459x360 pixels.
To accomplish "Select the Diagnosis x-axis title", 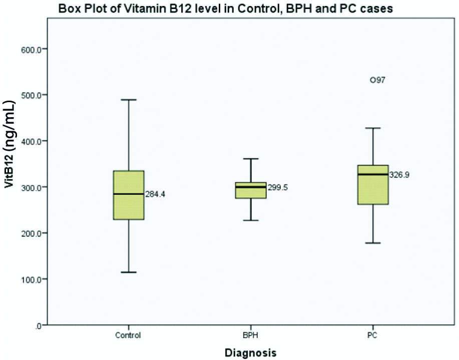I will pos(250,353).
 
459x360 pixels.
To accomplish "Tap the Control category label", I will pos(128,335).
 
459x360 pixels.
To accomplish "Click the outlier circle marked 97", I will pos(373,80).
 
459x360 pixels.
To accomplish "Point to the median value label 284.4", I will pos(155,194).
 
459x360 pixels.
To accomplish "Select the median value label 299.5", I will pos(278,188).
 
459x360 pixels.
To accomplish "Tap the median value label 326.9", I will pos(400,175).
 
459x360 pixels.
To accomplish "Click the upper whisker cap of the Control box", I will pos(129,100).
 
